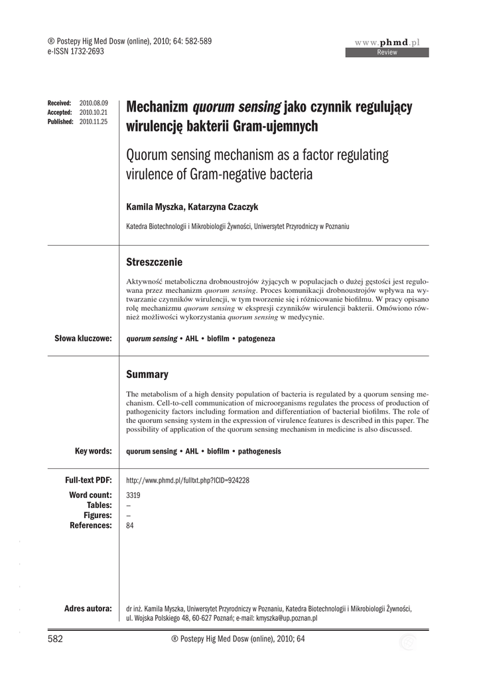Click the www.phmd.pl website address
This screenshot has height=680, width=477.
388,42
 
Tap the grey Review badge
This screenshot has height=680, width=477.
387,52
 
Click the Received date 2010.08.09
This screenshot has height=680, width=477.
93,104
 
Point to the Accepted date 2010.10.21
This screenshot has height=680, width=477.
93,113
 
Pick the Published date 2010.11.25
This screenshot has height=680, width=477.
93,122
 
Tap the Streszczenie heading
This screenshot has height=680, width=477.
154,262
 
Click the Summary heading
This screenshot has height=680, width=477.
147,375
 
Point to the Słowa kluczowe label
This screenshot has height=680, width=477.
82,339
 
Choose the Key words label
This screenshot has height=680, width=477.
93,451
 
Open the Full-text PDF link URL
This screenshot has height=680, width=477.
187,480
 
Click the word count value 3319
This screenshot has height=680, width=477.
133,495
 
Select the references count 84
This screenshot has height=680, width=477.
130,525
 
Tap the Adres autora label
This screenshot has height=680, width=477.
88,608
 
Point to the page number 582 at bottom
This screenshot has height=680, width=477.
55,639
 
